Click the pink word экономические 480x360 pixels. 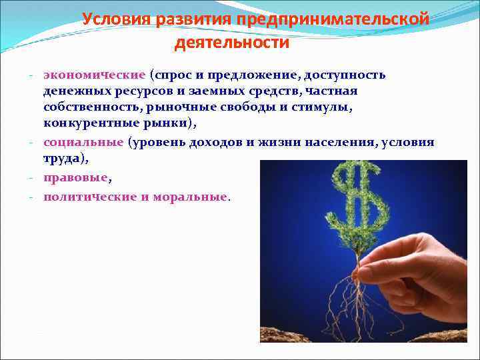[94, 75]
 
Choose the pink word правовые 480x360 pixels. [75, 178]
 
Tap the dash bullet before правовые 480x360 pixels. [31, 179]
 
